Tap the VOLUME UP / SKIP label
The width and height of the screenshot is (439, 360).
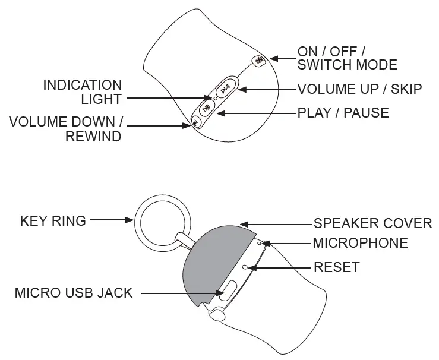[359, 89]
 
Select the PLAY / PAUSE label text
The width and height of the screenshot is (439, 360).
[343, 112]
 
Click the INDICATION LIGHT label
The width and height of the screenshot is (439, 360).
[82, 92]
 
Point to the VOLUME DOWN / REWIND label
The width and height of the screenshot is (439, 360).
[65, 129]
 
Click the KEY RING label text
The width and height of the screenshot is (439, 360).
[53, 221]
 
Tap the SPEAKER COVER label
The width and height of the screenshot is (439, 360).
[372, 223]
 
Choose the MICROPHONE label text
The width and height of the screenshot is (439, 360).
[360, 243]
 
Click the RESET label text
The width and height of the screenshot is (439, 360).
[336, 267]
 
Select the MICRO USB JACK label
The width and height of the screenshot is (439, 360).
[74, 292]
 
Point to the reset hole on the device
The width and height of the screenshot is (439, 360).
[244, 267]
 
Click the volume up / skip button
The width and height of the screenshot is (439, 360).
[223, 90]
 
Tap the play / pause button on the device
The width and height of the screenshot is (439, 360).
[204, 108]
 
